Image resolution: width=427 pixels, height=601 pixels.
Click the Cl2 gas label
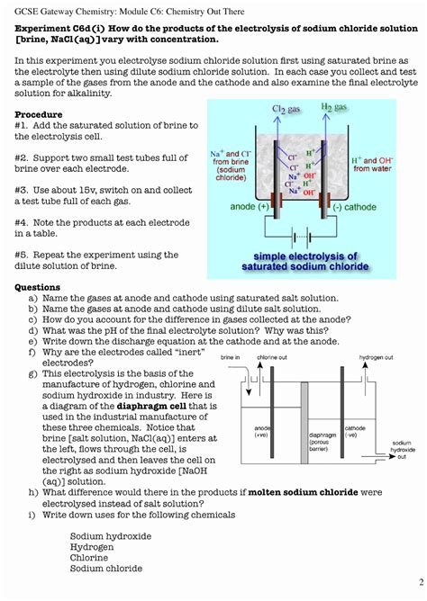pos(286,109)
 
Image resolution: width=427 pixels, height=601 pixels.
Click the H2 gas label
pos(334,107)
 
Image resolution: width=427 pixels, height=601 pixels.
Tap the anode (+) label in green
pos(250,207)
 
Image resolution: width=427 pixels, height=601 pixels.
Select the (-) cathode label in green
pos(355,207)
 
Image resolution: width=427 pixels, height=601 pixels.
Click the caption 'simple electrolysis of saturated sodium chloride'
pos(305,261)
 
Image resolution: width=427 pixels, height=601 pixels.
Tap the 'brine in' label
pos(231,357)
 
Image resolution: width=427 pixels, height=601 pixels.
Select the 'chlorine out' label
pos(272,357)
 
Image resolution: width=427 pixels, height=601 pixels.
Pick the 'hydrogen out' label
pos(376,357)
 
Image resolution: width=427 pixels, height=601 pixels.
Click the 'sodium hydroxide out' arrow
pos(378,456)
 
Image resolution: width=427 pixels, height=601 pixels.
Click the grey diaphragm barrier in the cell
pos(304,423)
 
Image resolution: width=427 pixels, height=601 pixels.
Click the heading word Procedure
pos(39,114)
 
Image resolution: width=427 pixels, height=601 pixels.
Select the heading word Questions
pos(37,288)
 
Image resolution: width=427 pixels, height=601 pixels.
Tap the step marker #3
pos(21,191)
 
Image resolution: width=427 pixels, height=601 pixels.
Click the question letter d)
pos(33,331)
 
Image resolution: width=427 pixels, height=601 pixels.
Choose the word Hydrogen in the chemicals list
pos(92,547)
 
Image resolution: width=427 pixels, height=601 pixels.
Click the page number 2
pos(422,582)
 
